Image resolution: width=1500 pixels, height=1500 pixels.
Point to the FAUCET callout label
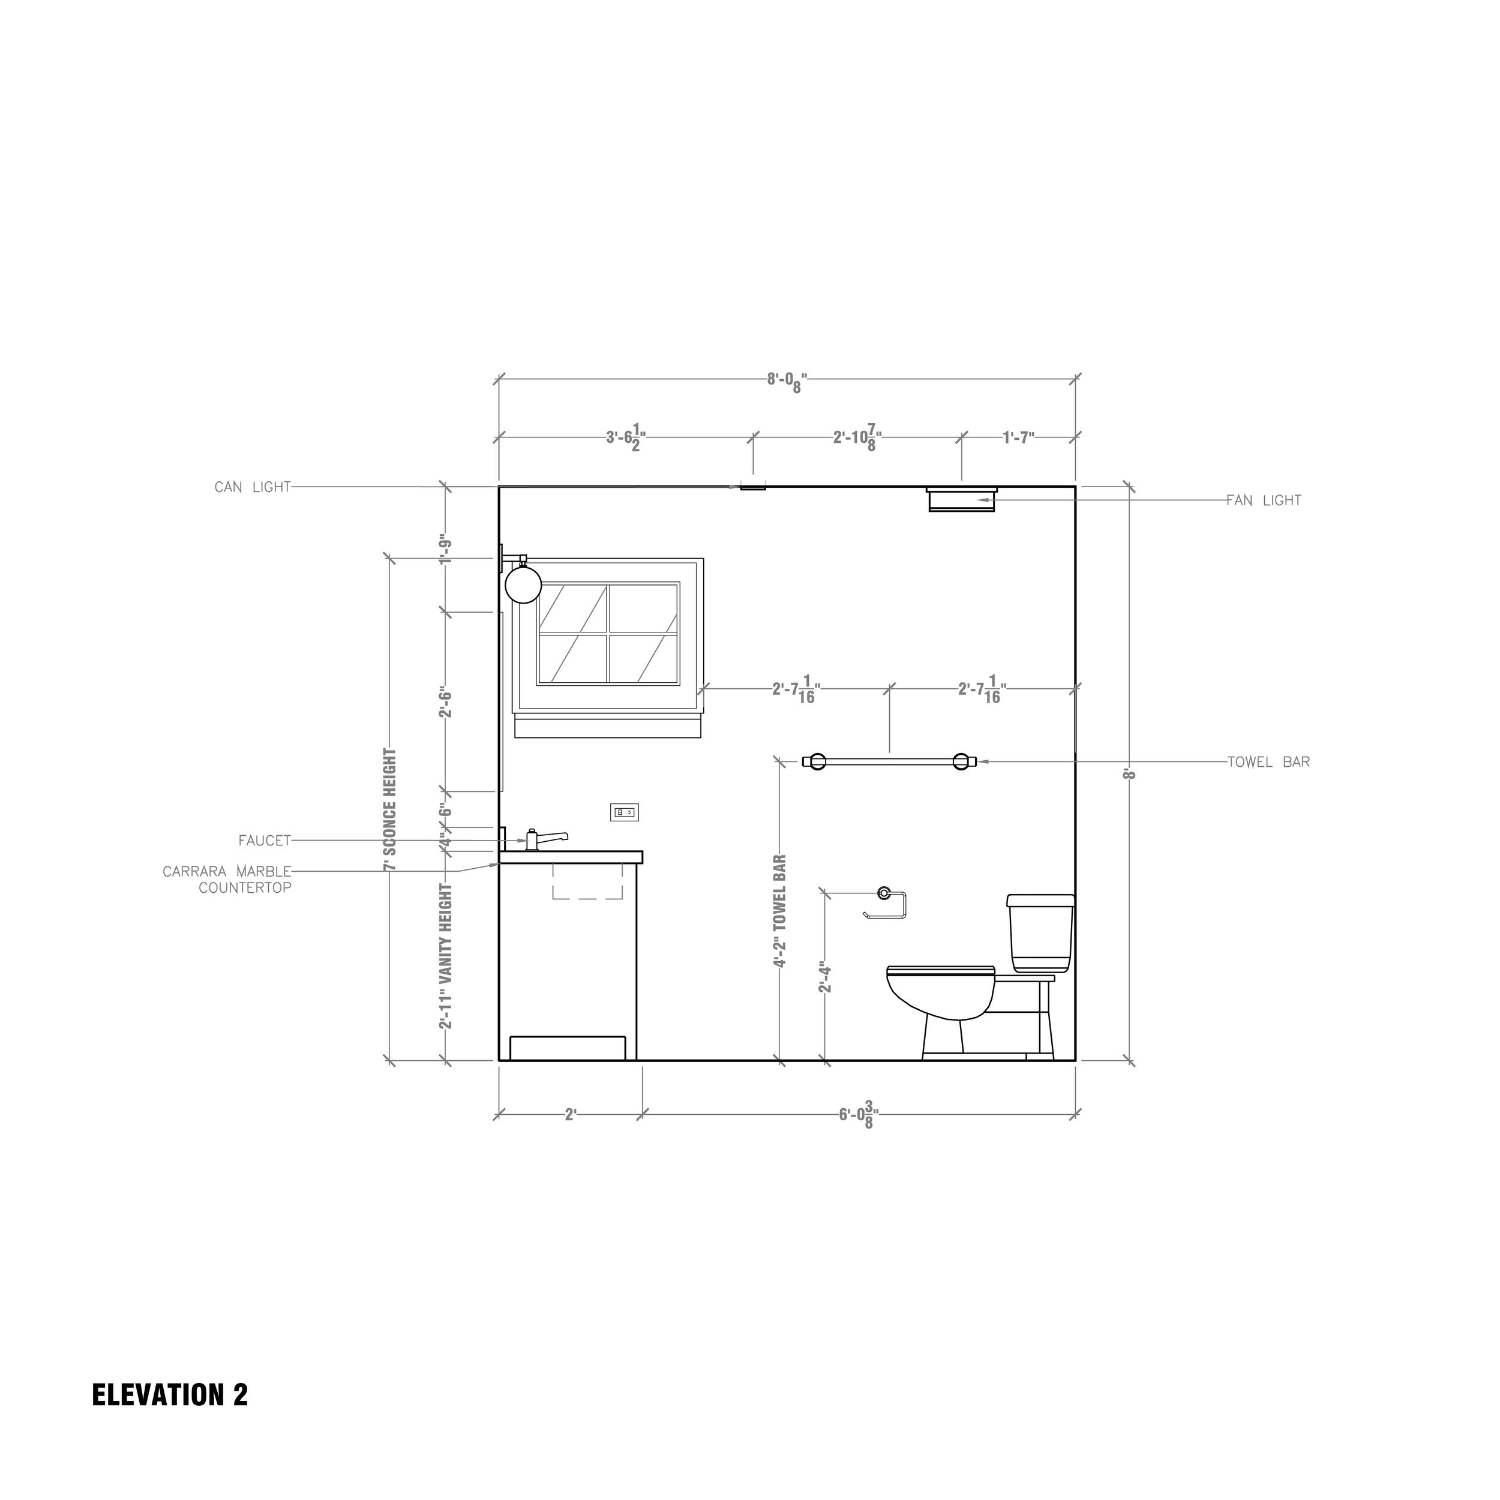(x=264, y=841)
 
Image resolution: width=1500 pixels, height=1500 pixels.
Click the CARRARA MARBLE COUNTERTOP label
(x=227, y=880)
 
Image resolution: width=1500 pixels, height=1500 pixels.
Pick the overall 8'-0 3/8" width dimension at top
(x=787, y=381)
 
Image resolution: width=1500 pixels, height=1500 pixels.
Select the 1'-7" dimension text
(x=1018, y=438)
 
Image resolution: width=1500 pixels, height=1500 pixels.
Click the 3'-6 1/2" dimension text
(x=625, y=438)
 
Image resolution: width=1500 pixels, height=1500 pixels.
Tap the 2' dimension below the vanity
(x=571, y=1115)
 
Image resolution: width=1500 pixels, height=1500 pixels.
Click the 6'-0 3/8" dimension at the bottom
(x=859, y=1115)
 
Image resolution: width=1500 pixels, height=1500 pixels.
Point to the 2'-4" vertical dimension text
(x=826, y=979)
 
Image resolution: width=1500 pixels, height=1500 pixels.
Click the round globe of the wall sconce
(x=523, y=584)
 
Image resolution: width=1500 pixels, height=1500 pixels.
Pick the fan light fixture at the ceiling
(x=961, y=499)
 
